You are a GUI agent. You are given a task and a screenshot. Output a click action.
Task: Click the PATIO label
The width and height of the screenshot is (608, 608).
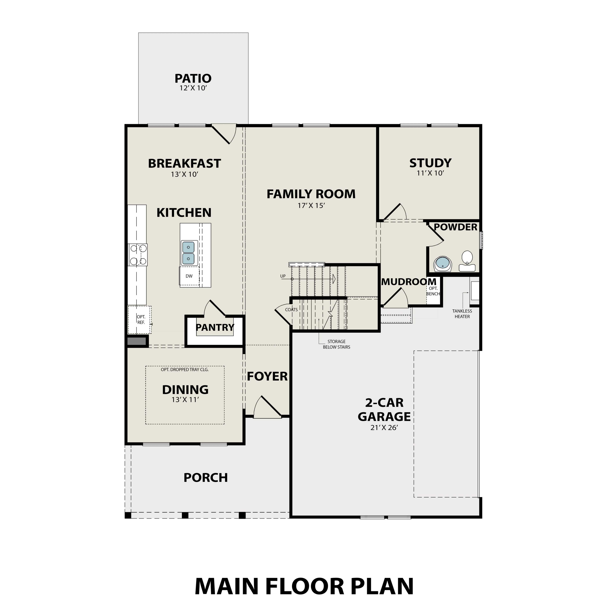pyautogui.click(x=193, y=78)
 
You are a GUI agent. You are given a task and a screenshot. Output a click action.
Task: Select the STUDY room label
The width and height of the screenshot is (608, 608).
pyautogui.click(x=430, y=163)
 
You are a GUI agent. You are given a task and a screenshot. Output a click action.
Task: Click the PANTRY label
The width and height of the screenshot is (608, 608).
pyautogui.click(x=215, y=328)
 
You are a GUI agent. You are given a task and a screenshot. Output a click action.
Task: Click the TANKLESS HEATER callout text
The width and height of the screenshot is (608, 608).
pyautogui.click(x=462, y=314)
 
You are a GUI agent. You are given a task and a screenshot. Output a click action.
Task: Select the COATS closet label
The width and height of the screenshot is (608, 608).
pyautogui.click(x=291, y=310)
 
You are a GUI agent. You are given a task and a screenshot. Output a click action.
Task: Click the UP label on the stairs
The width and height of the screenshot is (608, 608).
pyautogui.click(x=283, y=276)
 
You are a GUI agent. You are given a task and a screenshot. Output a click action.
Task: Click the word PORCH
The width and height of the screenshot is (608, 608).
pyautogui.click(x=206, y=478)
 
